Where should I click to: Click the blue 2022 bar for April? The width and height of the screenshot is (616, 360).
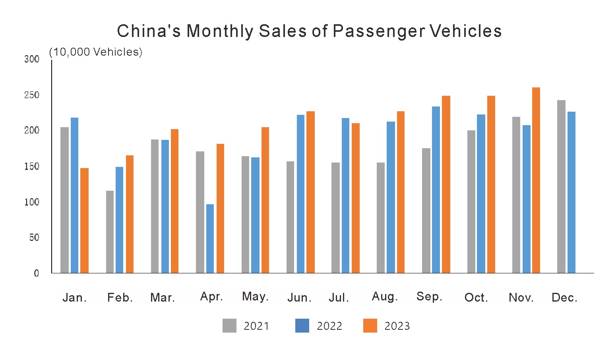pos(210,238)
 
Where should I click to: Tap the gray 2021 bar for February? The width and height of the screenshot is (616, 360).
pos(110,232)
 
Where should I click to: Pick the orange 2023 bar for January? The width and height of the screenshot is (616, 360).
pos(84,221)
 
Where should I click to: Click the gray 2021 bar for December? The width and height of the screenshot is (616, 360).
pos(561,186)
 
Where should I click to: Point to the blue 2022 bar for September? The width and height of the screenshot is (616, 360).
pos(436,190)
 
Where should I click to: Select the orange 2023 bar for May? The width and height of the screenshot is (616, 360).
pos(265,200)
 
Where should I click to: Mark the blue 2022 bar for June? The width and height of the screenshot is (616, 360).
pos(300,194)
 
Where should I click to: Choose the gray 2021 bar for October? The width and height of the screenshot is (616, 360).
pos(471,201)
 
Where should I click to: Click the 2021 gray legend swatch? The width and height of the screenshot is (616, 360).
pos(229,326)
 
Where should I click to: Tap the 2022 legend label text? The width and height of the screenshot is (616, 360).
pos(329,326)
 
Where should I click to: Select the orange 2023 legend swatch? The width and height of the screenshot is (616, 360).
pos(370,326)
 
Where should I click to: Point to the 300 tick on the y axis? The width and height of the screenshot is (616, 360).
pos(32,59)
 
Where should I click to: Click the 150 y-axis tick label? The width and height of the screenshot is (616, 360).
pos(32,166)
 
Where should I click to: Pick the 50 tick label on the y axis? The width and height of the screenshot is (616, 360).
pos(34,238)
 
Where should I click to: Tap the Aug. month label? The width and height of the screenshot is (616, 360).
pos(385,296)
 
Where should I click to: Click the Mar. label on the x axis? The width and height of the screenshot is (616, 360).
pos(163,298)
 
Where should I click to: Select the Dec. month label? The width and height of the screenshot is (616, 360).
pos(564,298)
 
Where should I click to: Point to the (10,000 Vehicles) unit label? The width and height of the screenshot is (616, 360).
pos(95,52)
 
